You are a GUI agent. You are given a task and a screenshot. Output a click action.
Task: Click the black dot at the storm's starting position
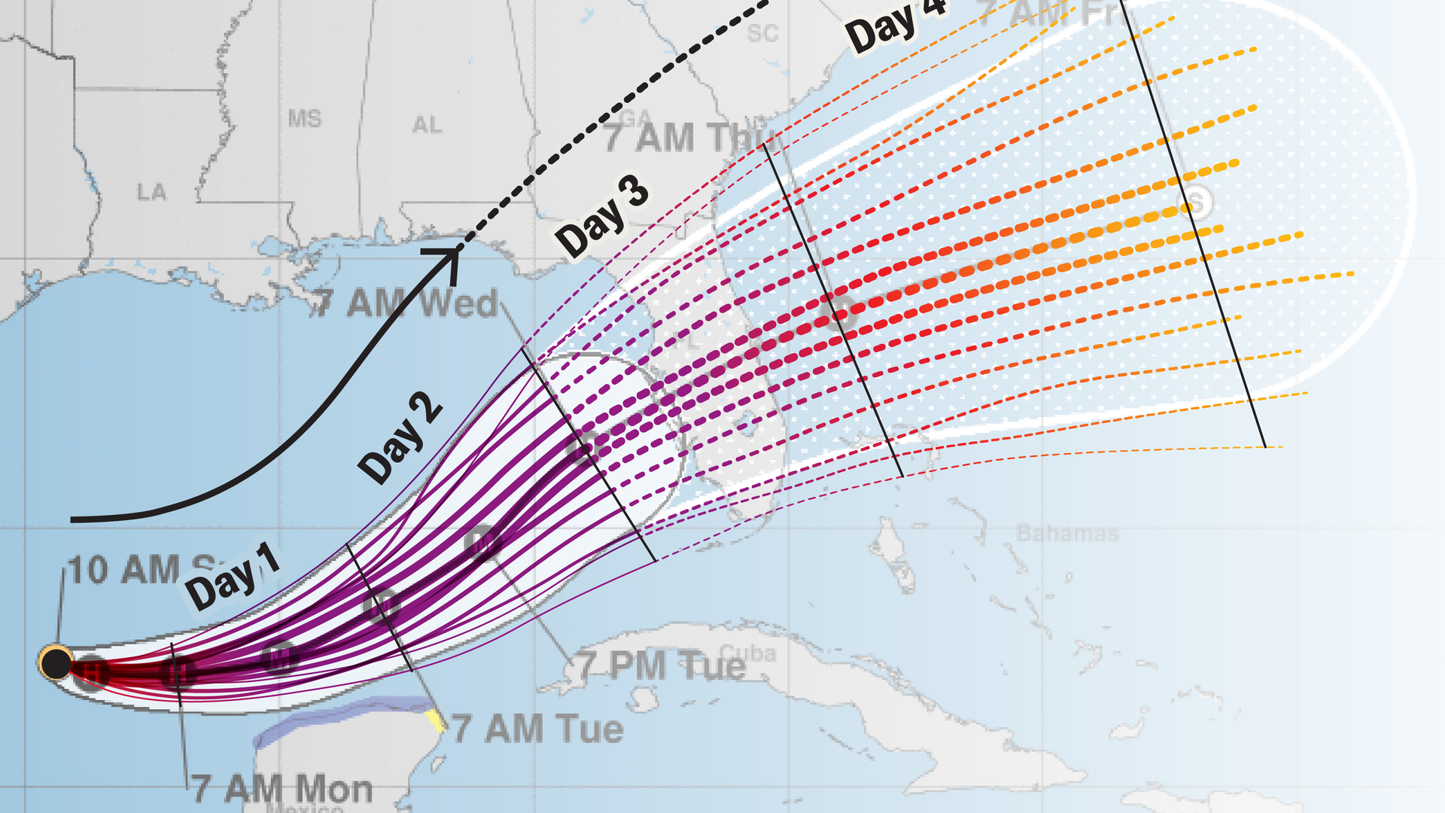pyautogui.click(x=56, y=663)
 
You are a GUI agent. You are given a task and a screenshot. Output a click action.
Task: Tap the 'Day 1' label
pyautogui.click(x=233, y=577)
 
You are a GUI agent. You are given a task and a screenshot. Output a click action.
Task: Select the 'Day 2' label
pyautogui.click(x=399, y=438)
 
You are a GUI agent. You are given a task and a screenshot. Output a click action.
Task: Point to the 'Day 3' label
pyautogui.click(x=602, y=216)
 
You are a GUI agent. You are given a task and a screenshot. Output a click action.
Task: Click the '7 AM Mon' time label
pyautogui.click(x=282, y=789)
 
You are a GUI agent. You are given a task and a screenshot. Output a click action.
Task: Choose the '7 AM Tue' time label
pyautogui.click(x=537, y=729)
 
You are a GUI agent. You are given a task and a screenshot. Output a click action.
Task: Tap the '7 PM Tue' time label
pyautogui.click(x=662, y=666)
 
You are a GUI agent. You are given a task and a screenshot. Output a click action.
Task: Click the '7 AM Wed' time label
pyautogui.click(x=406, y=303)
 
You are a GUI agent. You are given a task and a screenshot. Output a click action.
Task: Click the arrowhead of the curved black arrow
pyautogui.click(x=450, y=254)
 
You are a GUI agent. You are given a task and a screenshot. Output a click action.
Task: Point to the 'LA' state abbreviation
pyautogui.click(x=151, y=192)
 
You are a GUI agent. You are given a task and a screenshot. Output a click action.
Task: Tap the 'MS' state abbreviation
pyautogui.click(x=304, y=118)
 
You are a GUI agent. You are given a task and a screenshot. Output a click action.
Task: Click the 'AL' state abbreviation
pyautogui.click(x=427, y=125)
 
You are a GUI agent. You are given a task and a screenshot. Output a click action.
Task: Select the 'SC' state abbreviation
pyautogui.click(x=762, y=34)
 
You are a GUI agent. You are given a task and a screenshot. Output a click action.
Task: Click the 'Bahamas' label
pyautogui.click(x=1067, y=533)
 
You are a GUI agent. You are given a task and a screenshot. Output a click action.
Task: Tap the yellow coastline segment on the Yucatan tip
pyautogui.click(x=435, y=720)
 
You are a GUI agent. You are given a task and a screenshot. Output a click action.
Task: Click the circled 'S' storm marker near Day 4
pyautogui.click(x=1197, y=202)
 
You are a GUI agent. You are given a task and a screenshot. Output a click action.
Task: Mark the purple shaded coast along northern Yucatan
pyautogui.click(x=331, y=720)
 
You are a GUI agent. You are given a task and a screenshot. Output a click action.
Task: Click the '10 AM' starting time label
pyautogui.click(x=124, y=570)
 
